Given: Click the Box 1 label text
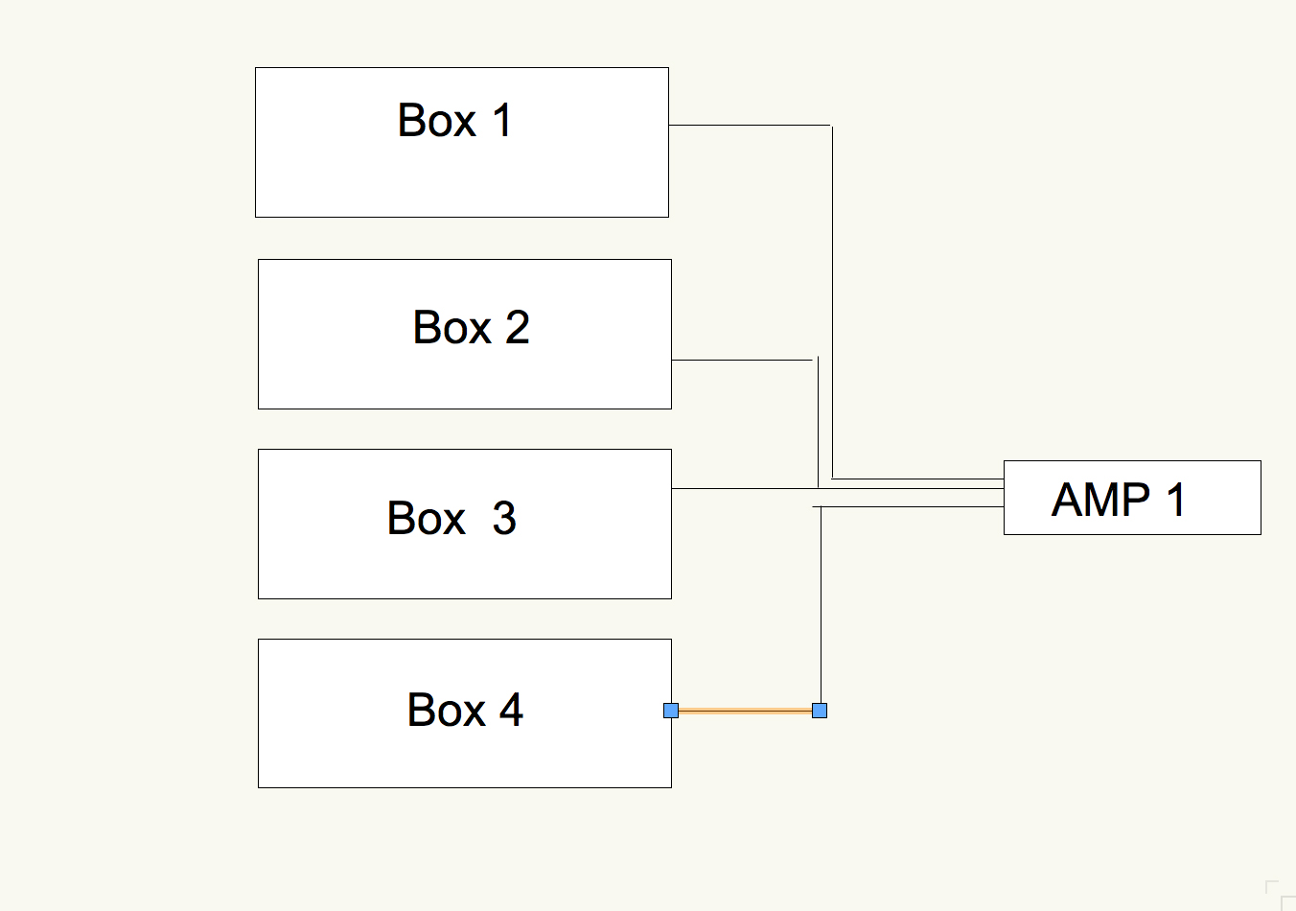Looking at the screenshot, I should click(454, 121).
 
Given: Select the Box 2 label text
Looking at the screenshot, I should click(471, 328).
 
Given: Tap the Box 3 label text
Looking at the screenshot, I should click(451, 519).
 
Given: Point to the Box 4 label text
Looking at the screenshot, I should click(465, 711).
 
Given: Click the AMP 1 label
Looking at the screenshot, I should click(1119, 500).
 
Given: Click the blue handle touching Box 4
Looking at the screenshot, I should click(671, 711).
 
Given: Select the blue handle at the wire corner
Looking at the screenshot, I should click(820, 711).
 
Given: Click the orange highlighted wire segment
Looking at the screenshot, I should click(745, 711).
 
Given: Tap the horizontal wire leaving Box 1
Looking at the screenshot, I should click(748, 125).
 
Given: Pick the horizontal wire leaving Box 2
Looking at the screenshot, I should click(742, 360).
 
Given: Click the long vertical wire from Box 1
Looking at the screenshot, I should click(832, 297).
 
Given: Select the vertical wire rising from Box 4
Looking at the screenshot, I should click(822, 604).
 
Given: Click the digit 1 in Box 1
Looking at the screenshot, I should click(501, 121).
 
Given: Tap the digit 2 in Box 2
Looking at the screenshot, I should click(518, 328).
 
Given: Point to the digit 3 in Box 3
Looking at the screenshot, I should click(504, 519).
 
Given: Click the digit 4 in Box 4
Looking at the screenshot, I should click(511, 711).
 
